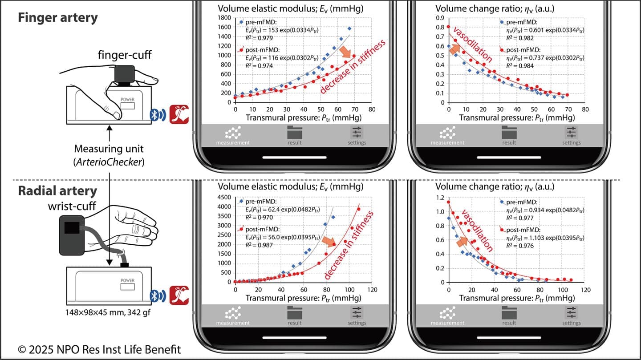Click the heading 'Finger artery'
[58, 18]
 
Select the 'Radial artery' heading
[57, 191]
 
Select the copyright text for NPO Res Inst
[99, 349]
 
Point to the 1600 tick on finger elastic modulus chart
[224, 27]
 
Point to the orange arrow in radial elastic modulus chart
[329, 242]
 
